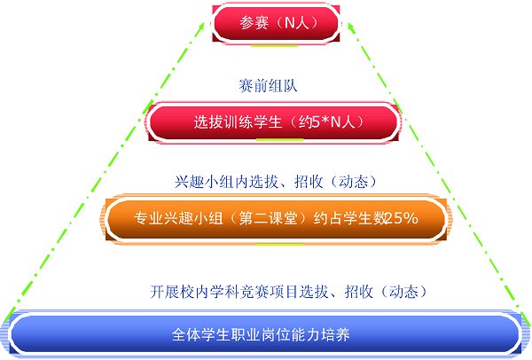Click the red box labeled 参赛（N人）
tap(276, 23)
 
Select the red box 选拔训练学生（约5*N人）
tap(274, 122)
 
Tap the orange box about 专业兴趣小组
tap(276, 219)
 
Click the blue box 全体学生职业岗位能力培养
tap(264, 334)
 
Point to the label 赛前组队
tap(268, 85)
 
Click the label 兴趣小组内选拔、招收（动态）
tap(277, 182)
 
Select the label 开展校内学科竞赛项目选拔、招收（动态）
tap(289, 292)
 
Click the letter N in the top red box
tap(290, 23)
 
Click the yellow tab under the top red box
tap(275, 45)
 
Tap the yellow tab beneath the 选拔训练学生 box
tap(279, 140)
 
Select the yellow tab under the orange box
tap(280, 244)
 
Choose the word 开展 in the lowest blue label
tap(165, 292)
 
